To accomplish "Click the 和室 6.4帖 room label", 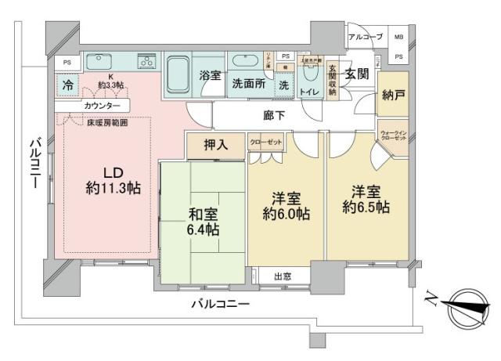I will tap(204, 222).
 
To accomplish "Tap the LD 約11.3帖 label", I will tap(114, 179).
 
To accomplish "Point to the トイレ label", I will tap(309, 92).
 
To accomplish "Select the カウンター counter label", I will tap(99, 106).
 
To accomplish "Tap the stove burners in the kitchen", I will tap(146, 62).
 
